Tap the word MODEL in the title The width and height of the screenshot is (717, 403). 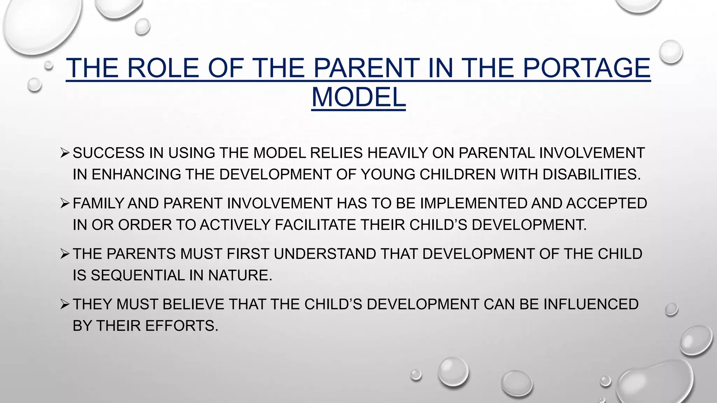coord(358,97)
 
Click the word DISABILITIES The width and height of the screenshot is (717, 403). coord(592,174)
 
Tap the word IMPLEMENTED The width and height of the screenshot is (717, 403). coord(473,204)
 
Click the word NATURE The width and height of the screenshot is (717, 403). coord(240,275)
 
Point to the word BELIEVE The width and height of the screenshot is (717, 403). coord(193,304)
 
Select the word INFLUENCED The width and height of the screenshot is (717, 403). coord(591,304)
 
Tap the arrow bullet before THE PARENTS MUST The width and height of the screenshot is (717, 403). coord(65,254)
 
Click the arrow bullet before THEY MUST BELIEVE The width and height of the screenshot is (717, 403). coord(65,304)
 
